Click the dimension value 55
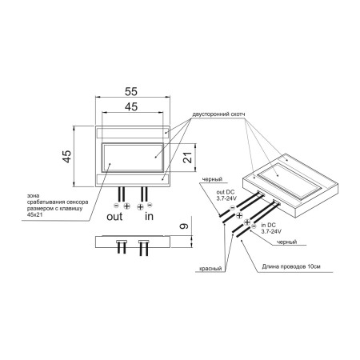coord(131,91)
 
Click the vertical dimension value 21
coord(187,158)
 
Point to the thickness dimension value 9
coord(184,226)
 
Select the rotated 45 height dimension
coord(67,156)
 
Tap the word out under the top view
coord(114,217)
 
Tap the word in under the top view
coord(149,216)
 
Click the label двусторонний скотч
coord(218,114)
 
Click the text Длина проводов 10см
coord(291,266)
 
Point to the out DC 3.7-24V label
coord(226,195)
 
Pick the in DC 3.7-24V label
coord(271,228)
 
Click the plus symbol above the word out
coord(126,206)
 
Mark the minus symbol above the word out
coord(116,206)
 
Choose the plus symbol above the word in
coord(140,206)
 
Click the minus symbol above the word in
coord(150,205)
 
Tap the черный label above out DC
coord(212,179)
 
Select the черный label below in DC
coord(286,242)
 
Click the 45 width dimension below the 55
coord(131,106)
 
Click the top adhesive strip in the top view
coord(132,133)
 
